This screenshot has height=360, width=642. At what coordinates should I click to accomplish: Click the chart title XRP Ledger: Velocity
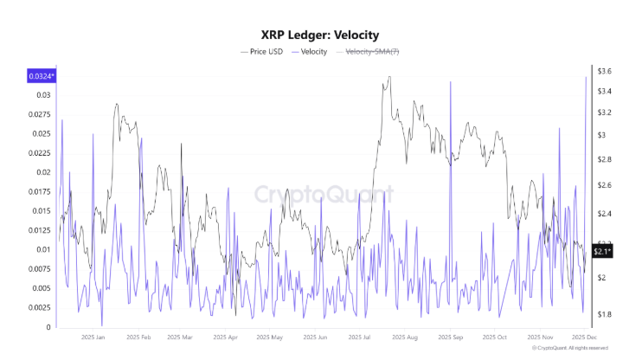320,35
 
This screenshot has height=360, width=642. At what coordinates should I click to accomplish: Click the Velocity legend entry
308,52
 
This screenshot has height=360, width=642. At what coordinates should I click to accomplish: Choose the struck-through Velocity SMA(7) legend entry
371,52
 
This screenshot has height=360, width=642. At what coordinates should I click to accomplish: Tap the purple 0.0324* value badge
41,76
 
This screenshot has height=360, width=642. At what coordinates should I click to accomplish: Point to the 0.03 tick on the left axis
42,94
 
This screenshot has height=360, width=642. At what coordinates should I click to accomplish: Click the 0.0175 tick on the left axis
39,191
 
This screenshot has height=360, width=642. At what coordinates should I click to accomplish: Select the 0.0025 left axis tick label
39,308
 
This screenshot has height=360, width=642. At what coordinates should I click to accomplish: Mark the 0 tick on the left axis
48,327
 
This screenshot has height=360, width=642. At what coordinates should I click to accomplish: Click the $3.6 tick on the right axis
604,71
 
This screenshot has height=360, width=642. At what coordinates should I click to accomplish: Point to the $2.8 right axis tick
604,160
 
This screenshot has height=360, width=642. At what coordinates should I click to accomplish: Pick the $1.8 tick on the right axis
604,314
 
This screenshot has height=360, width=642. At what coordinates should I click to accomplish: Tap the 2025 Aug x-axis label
404,337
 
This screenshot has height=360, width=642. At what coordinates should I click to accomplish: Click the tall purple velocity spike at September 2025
450,83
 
